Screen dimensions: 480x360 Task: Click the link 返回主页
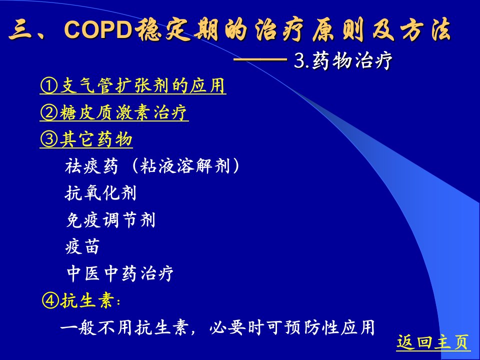click(433, 342)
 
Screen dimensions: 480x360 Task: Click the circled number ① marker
click(49, 85)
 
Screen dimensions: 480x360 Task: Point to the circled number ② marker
click(49, 112)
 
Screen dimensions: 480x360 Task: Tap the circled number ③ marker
click(49, 139)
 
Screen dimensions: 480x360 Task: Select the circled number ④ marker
click(50, 300)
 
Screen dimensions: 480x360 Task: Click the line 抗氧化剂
click(100, 193)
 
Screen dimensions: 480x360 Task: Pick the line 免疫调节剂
click(110, 220)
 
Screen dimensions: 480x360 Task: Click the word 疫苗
click(82, 246)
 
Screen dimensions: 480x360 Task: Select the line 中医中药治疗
click(120, 273)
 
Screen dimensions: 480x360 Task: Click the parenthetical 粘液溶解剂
click(184, 166)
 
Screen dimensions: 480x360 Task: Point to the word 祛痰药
click(91, 166)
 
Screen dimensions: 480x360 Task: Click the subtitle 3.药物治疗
click(343, 60)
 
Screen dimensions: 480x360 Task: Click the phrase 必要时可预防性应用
click(292, 327)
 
